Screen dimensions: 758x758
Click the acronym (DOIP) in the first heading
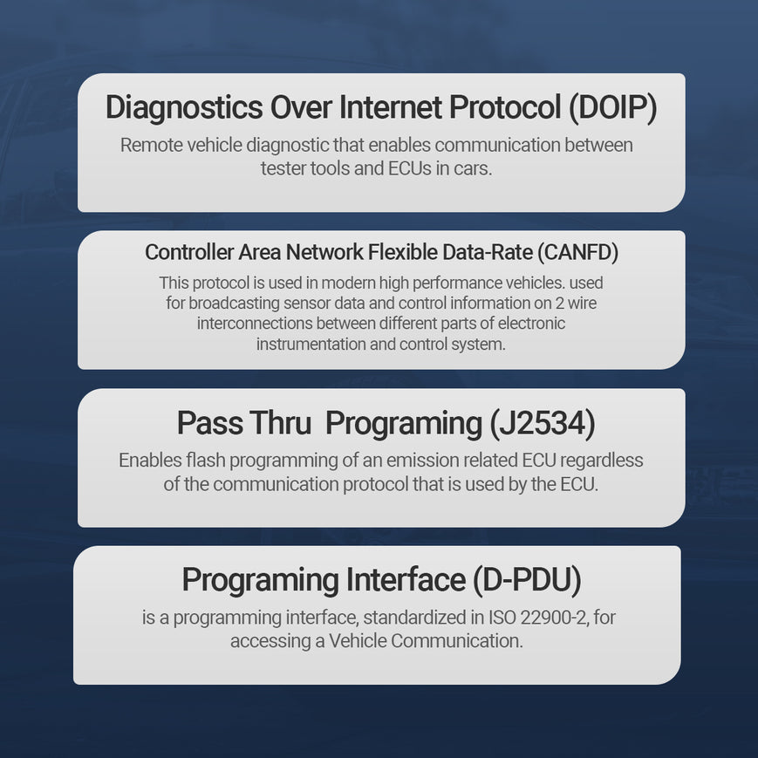[612, 107]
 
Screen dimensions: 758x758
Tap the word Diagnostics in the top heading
[184, 108]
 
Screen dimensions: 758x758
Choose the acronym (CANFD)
[577, 252]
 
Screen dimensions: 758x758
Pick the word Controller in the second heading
[189, 252]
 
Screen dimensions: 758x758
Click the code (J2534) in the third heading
[542, 423]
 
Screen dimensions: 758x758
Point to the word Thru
[280, 423]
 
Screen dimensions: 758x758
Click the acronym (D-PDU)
[527, 579]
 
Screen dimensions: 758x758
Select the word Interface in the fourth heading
[406, 579]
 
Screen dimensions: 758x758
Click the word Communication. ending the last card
[457, 641]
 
